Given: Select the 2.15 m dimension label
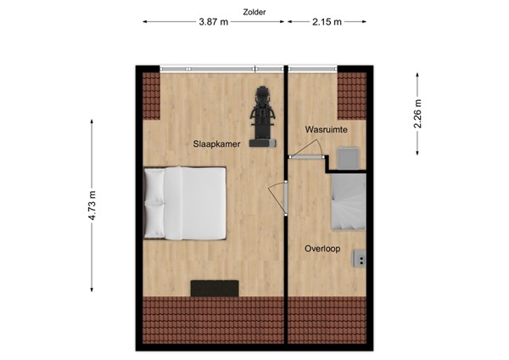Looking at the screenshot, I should pos(325,24).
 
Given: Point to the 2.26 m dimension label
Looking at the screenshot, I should pos(418,114).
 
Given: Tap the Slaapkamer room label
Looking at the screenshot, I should pos(215,144).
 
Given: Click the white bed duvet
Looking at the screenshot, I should pos(196,204).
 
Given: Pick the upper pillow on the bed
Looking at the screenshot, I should pos(154,184).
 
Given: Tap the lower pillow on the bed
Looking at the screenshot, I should pos(154,221).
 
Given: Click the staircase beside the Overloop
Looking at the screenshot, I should pos(348,201).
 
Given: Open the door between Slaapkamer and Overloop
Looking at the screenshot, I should pos(277,201).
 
